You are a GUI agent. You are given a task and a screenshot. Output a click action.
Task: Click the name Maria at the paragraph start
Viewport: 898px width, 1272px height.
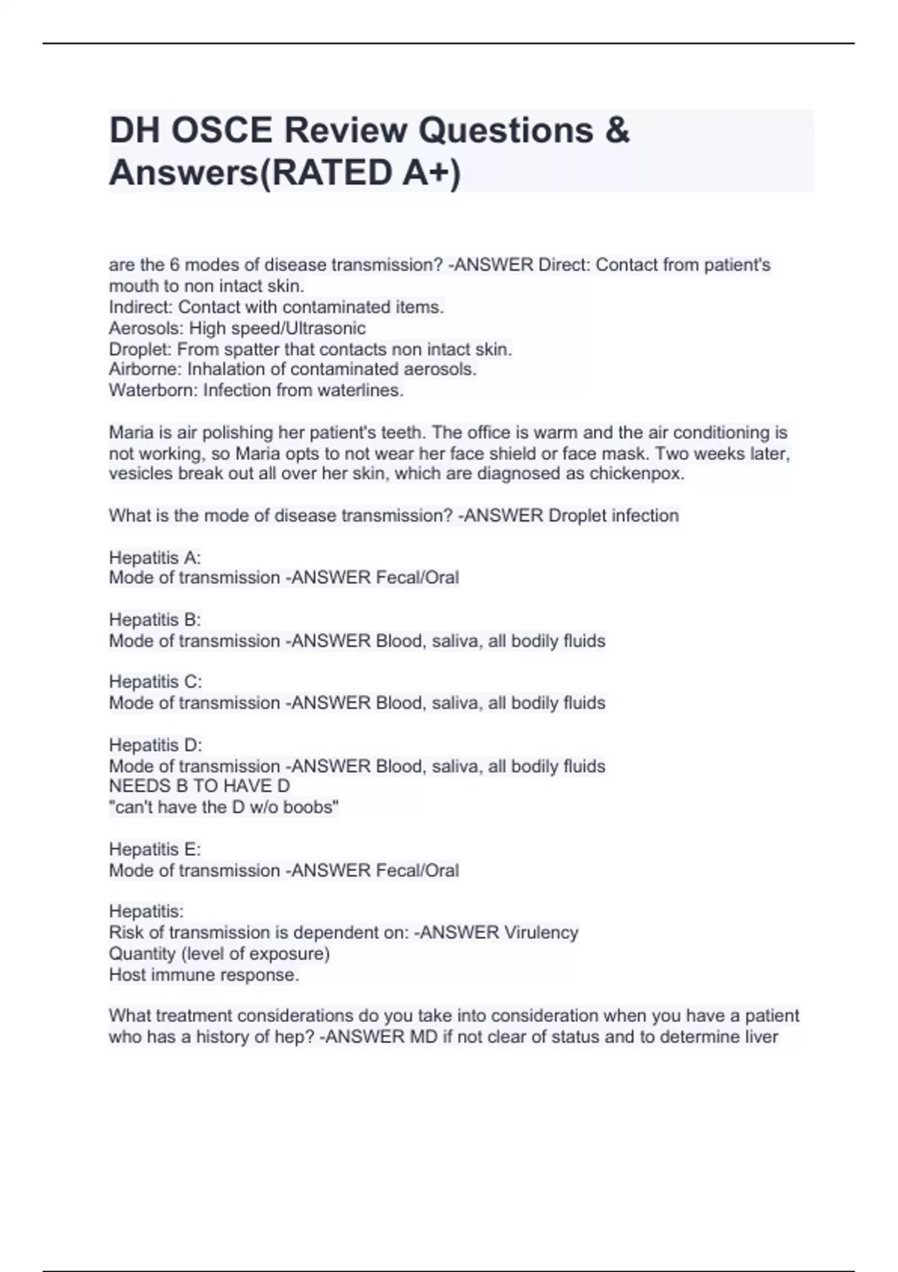pos(129,432)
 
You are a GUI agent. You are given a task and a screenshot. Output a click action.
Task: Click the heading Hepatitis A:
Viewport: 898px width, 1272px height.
pos(155,557)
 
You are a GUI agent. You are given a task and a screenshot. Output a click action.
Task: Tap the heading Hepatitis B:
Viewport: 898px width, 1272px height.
pos(155,620)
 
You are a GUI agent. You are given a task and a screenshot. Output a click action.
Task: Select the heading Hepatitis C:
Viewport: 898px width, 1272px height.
pos(156,682)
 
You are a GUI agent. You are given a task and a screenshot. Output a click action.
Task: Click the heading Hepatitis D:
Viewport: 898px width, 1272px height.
pos(156,745)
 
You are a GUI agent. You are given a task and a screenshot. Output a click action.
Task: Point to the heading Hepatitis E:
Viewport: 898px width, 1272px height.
pos(155,850)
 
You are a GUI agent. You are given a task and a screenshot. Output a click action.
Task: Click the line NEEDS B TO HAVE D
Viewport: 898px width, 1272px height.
pos(199,786)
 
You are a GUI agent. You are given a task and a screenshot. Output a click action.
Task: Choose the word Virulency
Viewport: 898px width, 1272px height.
pos(541,933)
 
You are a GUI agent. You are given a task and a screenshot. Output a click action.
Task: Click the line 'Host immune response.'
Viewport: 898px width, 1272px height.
pos(204,975)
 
